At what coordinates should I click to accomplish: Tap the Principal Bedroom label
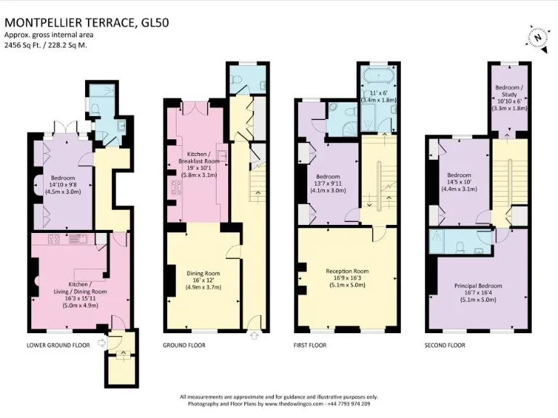[478, 286]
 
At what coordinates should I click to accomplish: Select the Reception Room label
[347, 271]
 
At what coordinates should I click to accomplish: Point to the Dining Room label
[203, 274]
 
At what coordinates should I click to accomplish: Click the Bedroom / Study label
[509, 91]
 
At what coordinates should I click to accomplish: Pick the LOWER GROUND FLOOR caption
[58, 345]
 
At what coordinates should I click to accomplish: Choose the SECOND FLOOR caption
[445, 345]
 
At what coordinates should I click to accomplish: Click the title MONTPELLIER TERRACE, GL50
[86, 22]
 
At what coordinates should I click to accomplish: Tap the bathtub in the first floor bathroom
[379, 75]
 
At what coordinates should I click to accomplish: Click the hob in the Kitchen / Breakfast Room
[176, 187]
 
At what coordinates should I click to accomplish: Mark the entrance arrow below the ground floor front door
[254, 335]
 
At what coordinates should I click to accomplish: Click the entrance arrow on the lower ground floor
[102, 343]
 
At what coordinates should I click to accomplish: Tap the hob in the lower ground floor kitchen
[54, 239]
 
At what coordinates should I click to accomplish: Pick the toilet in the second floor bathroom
[460, 247]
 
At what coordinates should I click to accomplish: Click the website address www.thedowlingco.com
[294, 404]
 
